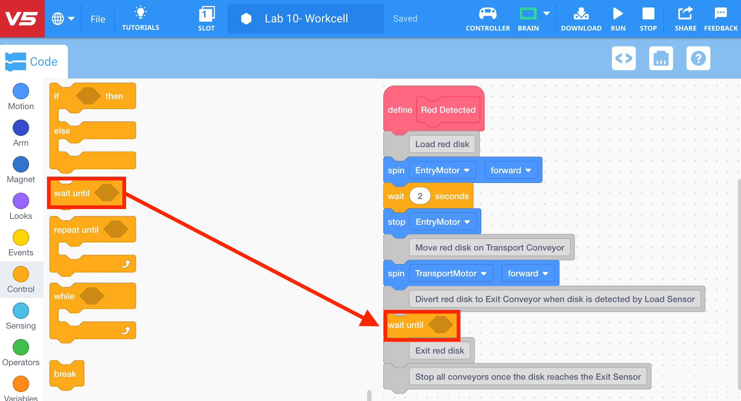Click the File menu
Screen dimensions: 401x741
tap(98, 19)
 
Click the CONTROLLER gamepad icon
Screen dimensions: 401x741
tap(488, 14)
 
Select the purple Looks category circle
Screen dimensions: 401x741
tap(21, 201)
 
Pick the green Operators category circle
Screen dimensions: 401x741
tap(21, 347)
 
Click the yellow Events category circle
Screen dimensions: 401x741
tap(21, 237)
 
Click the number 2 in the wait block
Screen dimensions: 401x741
tap(420, 196)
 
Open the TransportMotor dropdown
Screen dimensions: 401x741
tap(451, 273)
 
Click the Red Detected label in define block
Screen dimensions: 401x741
tap(448, 110)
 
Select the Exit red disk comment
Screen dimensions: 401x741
tap(440, 351)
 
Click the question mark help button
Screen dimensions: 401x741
tap(698, 58)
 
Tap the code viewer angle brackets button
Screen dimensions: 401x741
tap(623, 58)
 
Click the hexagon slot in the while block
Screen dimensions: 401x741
tap(92, 296)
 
